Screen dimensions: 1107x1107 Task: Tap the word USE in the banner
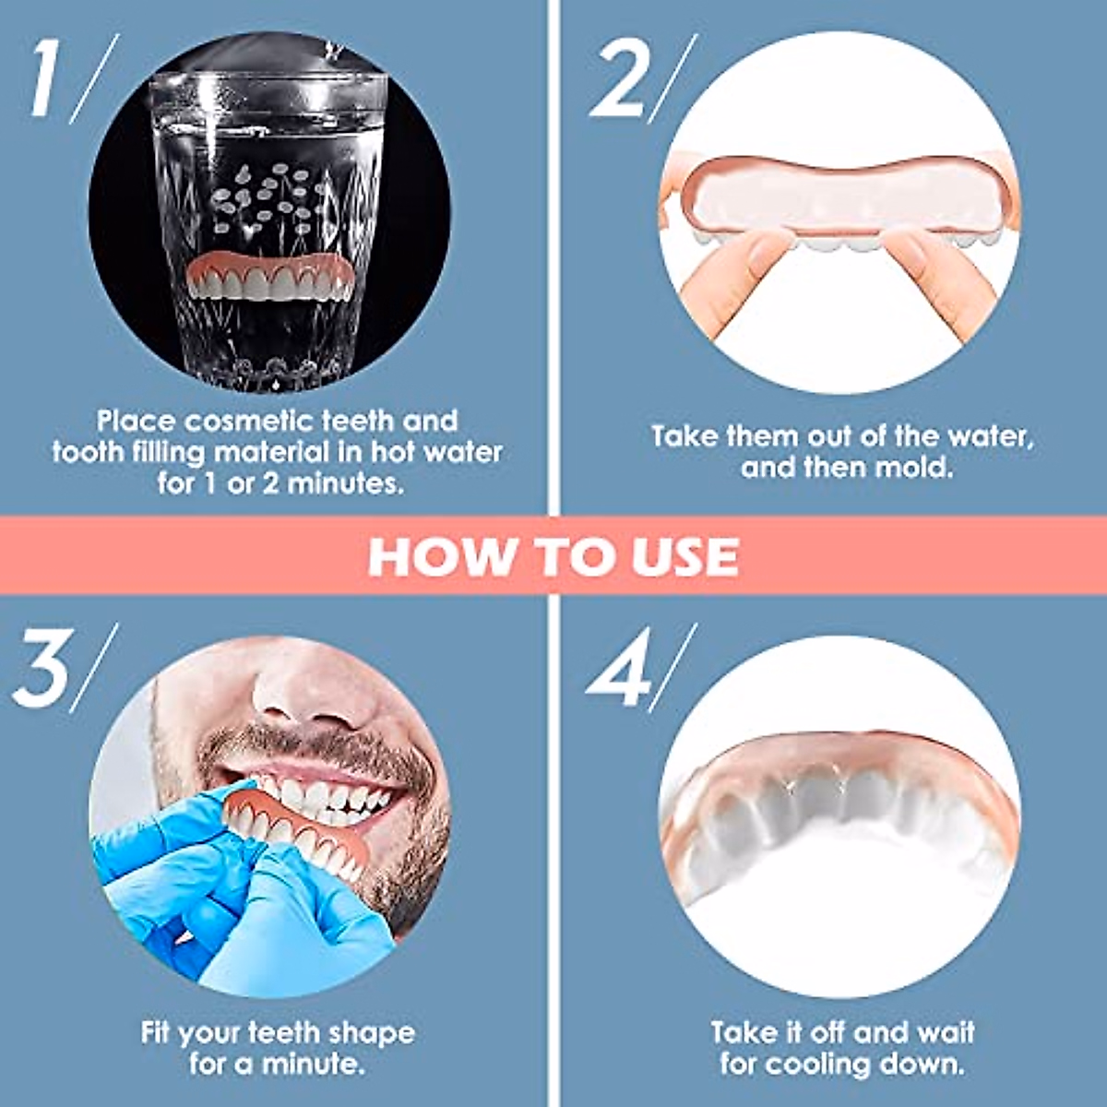click(x=684, y=556)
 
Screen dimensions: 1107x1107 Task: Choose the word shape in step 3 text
click(x=368, y=1032)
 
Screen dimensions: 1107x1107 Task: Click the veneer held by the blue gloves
click(x=295, y=830)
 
